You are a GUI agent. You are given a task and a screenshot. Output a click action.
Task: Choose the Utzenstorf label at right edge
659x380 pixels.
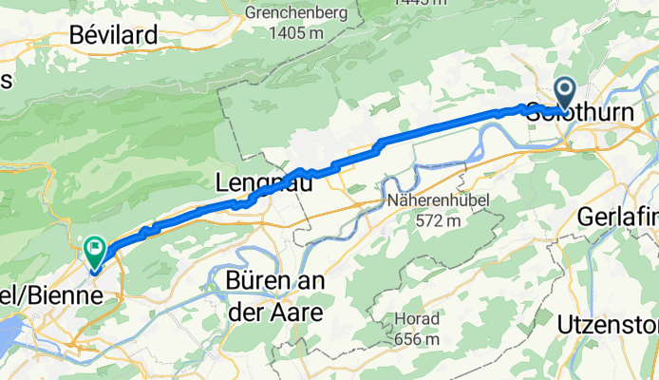621,323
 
